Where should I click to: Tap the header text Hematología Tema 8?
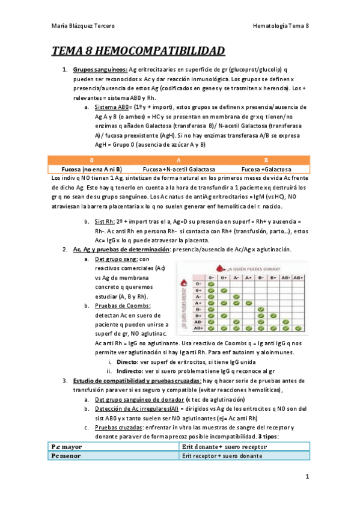[281, 26]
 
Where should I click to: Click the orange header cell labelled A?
[178, 161]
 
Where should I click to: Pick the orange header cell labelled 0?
[91, 161]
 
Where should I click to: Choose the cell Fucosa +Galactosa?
[265, 170]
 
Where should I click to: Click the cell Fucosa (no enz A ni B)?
[92, 170]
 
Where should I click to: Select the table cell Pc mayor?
[67, 447]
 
